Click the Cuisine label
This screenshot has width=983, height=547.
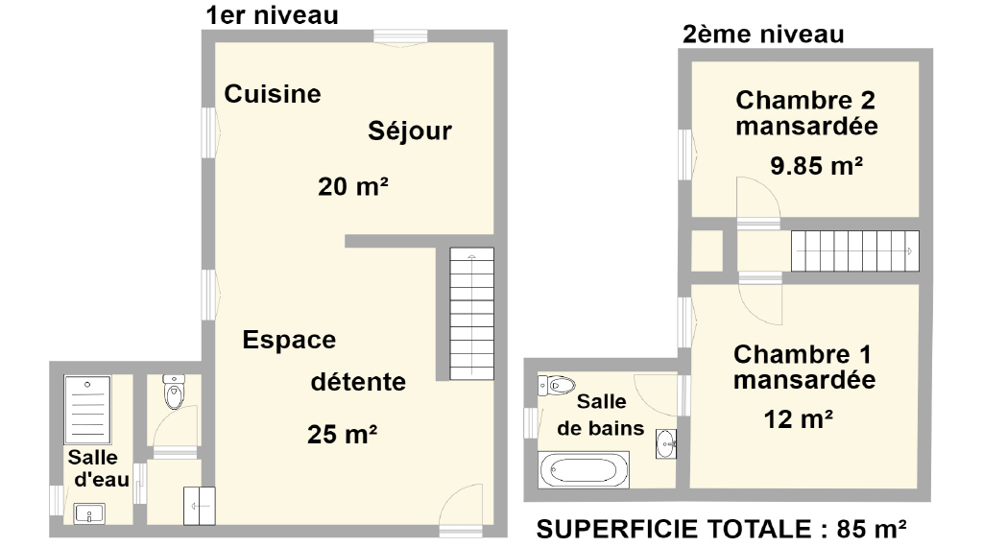point(273,94)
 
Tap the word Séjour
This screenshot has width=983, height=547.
point(409,131)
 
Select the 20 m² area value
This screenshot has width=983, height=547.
point(353,186)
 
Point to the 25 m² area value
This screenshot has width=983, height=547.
point(343,434)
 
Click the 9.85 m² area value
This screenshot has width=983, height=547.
point(816,166)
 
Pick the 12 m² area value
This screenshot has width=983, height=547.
point(798,419)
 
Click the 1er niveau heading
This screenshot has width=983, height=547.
point(272,15)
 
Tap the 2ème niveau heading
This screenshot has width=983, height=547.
point(763,35)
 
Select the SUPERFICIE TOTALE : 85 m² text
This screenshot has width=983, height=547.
point(721,530)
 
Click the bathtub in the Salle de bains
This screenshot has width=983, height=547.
point(584,469)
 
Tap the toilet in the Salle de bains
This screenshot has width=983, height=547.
point(557,385)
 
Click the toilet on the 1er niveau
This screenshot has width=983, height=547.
point(174,392)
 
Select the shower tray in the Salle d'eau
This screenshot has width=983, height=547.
point(87,410)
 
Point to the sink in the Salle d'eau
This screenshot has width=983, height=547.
point(89,513)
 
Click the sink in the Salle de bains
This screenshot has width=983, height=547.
point(666,443)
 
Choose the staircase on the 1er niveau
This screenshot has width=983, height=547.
point(472,313)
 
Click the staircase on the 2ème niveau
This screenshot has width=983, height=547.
point(855,251)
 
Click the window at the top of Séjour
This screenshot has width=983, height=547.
point(400,36)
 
